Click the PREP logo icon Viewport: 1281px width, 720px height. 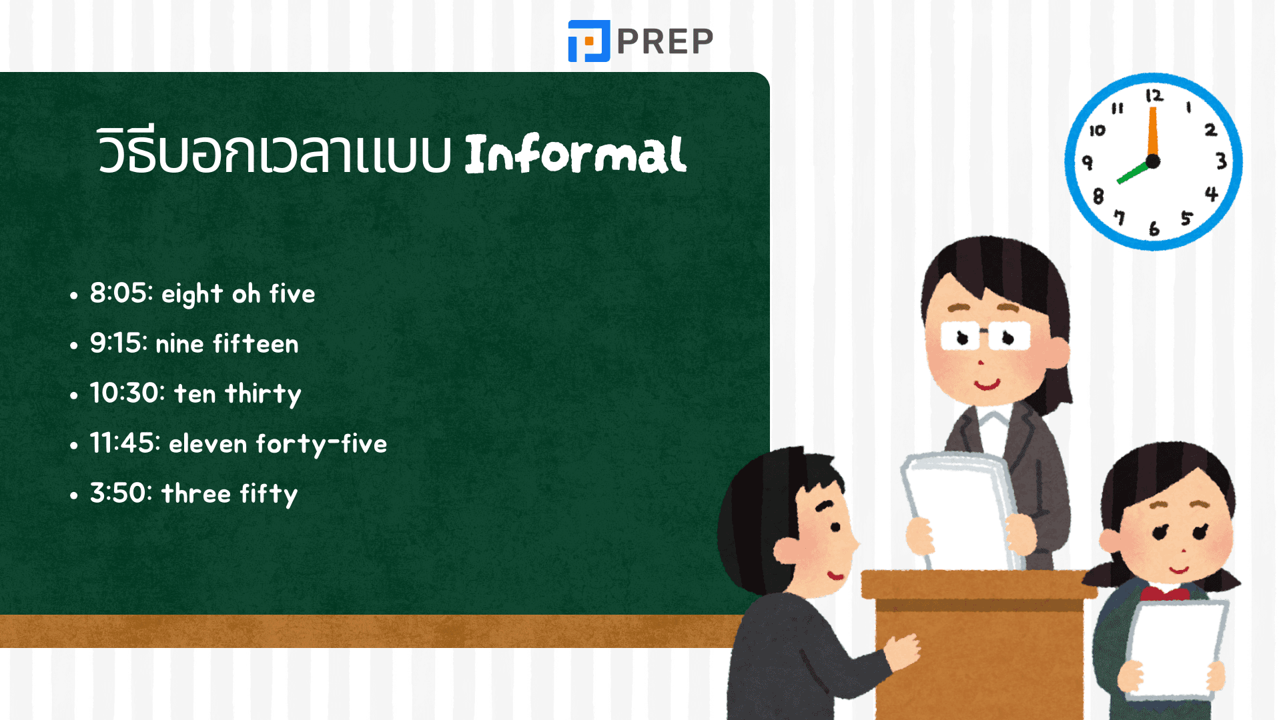pos(588,41)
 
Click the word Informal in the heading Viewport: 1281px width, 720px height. pos(575,154)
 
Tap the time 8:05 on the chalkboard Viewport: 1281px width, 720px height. pos(121,293)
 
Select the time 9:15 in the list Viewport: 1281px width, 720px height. pos(119,343)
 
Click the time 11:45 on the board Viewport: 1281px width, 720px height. pos(125,443)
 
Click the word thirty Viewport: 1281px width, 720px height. pos(264,394)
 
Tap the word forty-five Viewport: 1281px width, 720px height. pos(322,444)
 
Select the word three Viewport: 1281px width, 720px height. pos(196,493)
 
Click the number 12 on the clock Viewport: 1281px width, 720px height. pos(1154,96)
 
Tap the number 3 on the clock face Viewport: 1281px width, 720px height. pos(1221,161)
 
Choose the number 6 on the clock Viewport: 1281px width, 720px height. pos(1154,229)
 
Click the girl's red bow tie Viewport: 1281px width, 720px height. pos(1164,592)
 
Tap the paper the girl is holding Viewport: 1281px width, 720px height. pos(1177,649)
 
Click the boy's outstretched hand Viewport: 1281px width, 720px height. pos(901,650)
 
